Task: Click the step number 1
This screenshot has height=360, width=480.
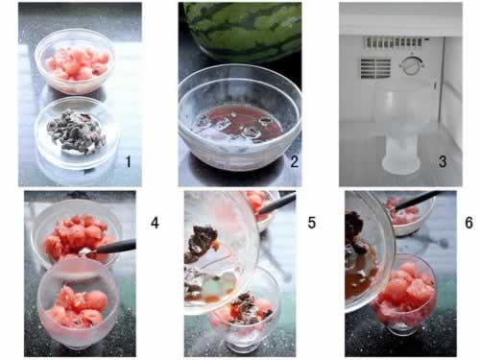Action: pyautogui.click(x=128, y=161)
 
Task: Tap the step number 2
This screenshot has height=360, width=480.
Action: pyautogui.click(x=294, y=161)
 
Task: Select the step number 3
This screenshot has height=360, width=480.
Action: pyautogui.click(x=443, y=161)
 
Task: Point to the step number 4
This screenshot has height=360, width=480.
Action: pyautogui.click(x=155, y=223)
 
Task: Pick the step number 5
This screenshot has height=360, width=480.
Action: pyautogui.click(x=312, y=223)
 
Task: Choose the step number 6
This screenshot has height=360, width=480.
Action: pyautogui.click(x=468, y=223)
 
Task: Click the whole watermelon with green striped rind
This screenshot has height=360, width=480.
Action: pyautogui.click(x=243, y=31)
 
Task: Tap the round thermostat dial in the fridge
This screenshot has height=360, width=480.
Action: pyautogui.click(x=411, y=65)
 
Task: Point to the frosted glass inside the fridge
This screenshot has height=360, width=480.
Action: pyautogui.click(x=401, y=127)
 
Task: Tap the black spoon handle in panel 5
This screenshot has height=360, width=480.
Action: pyautogui.click(x=277, y=204)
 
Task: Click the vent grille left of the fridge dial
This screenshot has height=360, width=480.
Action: pyautogui.click(x=375, y=68)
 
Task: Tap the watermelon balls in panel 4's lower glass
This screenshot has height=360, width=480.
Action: pyautogui.click(x=79, y=305)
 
